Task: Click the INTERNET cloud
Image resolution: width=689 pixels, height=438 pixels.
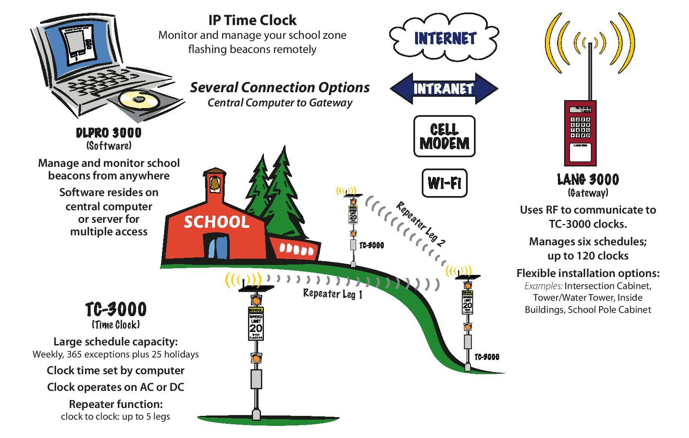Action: (x=444, y=38)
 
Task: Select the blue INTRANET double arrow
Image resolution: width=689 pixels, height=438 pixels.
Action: (x=443, y=88)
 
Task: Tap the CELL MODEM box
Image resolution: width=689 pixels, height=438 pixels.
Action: (x=444, y=136)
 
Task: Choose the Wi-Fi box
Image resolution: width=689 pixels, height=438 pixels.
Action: (x=444, y=183)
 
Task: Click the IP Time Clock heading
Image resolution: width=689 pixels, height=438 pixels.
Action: (x=252, y=20)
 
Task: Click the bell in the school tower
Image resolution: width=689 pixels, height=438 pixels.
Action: (x=215, y=184)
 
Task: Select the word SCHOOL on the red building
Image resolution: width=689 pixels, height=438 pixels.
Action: (x=216, y=222)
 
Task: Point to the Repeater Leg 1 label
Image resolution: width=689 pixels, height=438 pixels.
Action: (x=332, y=294)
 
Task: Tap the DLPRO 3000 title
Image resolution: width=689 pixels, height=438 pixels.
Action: (x=109, y=133)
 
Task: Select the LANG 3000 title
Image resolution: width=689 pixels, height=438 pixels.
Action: (x=588, y=180)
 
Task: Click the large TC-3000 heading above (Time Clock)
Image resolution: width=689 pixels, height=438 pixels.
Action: (x=116, y=310)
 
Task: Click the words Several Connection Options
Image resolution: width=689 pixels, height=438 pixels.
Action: (x=280, y=88)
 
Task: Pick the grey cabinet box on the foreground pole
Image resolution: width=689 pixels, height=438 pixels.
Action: (x=256, y=379)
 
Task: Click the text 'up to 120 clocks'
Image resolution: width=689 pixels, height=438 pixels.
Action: (x=588, y=255)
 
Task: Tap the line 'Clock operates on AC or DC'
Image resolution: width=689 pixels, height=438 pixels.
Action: (x=115, y=387)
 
